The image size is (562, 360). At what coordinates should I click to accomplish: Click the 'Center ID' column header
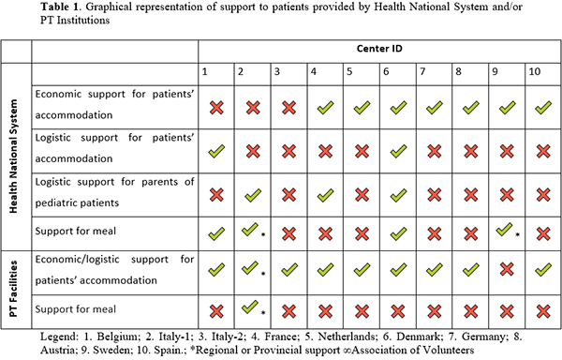[x=379, y=49]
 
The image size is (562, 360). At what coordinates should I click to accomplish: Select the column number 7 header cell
[x=434, y=74]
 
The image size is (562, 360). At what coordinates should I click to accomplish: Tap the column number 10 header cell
[x=543, y=74]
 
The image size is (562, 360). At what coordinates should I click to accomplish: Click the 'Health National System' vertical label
[x=13, y=156]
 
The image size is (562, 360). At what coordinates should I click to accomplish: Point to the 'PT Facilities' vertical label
[x=13, y=289]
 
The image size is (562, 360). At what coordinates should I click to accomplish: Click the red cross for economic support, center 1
[x=216, y=108]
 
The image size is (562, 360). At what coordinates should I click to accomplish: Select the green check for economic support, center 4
[x=325, y=108]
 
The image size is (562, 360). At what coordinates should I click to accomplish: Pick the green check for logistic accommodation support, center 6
[x=398, y=151]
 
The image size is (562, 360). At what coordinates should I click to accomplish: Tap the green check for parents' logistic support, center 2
[x=253, y=195]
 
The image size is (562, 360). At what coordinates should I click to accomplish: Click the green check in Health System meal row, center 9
[x=504, y=230]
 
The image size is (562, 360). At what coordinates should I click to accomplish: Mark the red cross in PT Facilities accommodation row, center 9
[x=507, y=269]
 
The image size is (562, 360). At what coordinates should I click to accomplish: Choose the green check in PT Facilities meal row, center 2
[x=250, y=307]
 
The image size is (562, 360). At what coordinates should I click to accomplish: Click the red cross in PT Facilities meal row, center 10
[x=543, y=311]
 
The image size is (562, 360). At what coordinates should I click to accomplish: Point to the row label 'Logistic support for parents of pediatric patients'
[x=114, y=192]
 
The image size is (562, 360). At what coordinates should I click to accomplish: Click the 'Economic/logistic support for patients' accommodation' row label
[x=114, y=270]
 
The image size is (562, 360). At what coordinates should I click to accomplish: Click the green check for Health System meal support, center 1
[x=216, y=233]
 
